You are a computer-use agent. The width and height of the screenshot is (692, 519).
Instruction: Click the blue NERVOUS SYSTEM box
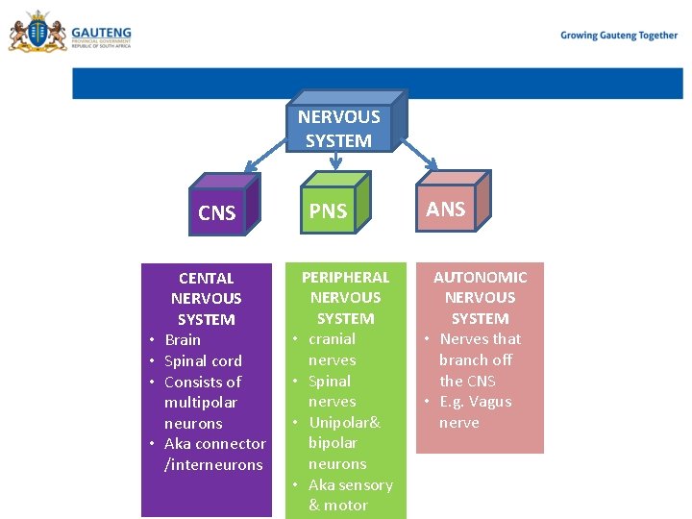coord(339,128)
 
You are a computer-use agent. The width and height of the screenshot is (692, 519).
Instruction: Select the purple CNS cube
coord(217,212)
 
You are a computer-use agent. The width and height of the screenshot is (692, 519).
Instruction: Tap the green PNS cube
coord(329,210)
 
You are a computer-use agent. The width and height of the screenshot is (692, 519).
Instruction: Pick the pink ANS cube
coord(446,209)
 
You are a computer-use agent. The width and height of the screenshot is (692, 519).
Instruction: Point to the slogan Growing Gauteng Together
coord(619,36)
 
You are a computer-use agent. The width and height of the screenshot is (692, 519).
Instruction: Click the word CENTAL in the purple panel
coord(207,278)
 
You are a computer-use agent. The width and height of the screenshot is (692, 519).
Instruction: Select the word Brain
coord(183,339)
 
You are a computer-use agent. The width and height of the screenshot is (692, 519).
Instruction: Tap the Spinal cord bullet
coord(203,360)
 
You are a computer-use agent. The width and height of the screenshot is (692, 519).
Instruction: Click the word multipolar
coord(201,402)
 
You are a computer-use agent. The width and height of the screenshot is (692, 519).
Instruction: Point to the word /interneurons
coord(213,464)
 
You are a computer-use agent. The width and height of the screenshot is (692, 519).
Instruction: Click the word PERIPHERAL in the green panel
coord(346,277)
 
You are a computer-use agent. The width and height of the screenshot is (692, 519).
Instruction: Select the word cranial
coord(332,338)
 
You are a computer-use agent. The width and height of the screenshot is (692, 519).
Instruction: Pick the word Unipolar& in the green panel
coord(344,423)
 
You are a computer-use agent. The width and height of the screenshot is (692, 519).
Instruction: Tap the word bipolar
coord(333,443)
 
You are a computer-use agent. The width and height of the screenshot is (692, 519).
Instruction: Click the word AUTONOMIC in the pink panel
coord(480,277)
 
